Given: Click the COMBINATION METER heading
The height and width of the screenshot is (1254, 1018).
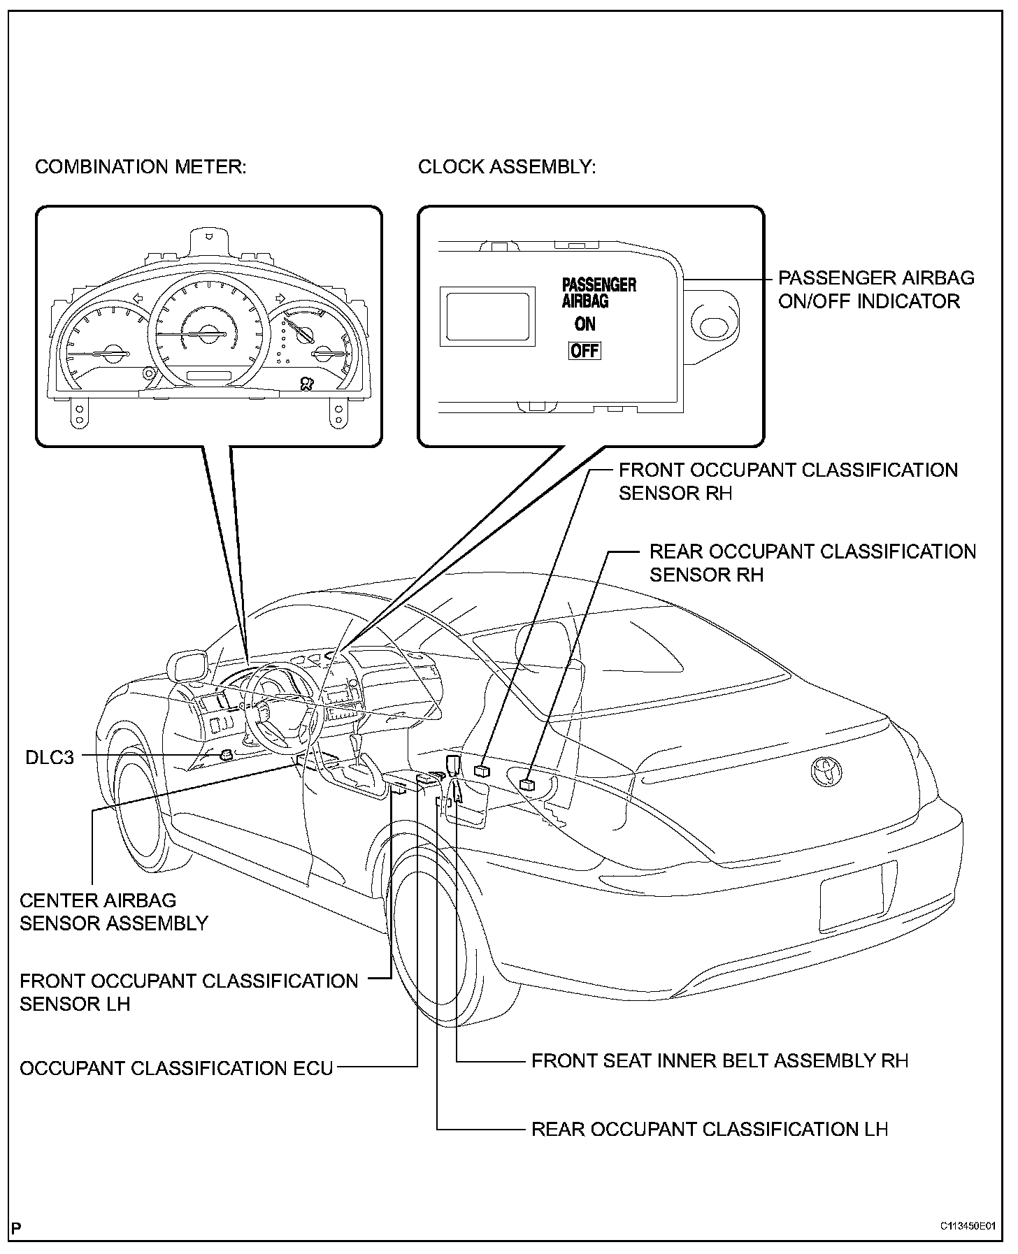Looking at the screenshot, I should pyautogui.click(x=141, y=168).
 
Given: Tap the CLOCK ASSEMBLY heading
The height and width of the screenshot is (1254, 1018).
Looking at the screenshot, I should pyautogui.click(x=507, y=168).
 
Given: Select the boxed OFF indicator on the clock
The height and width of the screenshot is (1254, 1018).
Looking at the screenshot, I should pyautogui.click(x=585, y=351).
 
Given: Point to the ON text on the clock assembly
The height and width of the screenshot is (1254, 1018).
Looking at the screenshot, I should pyautogui.click(x=585, y=324).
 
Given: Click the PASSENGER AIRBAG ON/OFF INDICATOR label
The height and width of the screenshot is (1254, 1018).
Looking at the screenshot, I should pyautogui.click(x=875, y=290).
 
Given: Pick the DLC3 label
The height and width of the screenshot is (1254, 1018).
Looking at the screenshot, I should pyautogui.click(x=49, y=757).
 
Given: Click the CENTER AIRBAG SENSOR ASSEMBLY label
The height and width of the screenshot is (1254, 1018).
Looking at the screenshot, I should pyautogui.click(x=114, y=911).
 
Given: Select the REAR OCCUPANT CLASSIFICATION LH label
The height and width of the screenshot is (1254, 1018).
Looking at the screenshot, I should pyautogui.click(x=710, y=1149).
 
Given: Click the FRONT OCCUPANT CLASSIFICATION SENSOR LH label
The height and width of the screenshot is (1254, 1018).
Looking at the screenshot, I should pyautogui.click(x=189, y=993).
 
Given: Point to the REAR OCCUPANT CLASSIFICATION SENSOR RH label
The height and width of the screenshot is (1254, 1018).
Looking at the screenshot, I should pyautogui.click(x=812, y=563).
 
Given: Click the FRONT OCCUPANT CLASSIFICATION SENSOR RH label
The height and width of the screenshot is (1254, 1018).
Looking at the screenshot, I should pyautogui.click(x=788, y=482).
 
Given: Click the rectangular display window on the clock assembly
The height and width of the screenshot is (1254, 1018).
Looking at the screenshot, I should pyautogui.click(x=487, y=318).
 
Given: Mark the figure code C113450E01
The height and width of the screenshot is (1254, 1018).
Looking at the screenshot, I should pyautogui.click(x=968, y=1226).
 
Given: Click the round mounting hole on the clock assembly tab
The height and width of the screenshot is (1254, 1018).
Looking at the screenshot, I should pyautogui.click(x=713, y=326).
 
